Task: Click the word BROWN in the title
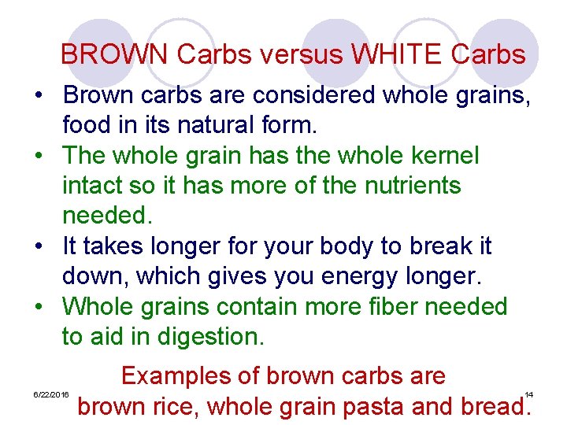pyautogui.click(x=115, y=54)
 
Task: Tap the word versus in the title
pyautogui.click(x=299, y=54)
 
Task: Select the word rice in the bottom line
pyautogui.click(x=175, y=407)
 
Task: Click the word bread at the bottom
pyautogui.click(x=490, y=407)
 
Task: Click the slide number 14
pyautogui.click(x=529, y=394)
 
